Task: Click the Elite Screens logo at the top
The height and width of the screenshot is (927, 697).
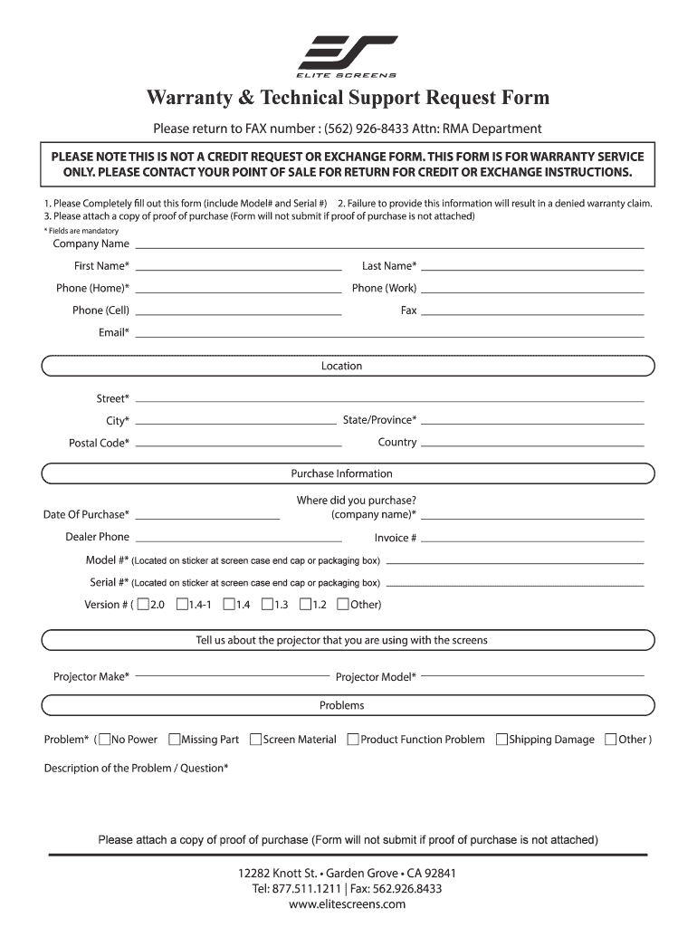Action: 348,56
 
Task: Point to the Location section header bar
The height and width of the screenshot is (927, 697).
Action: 348,367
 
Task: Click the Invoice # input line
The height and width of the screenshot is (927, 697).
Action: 532,539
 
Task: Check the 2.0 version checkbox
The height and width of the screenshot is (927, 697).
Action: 143,604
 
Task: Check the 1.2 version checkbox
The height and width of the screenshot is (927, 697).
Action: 306,604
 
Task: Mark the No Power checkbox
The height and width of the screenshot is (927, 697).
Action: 105,740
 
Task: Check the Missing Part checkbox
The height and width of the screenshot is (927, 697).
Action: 175,740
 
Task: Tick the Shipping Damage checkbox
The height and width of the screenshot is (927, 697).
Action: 501,740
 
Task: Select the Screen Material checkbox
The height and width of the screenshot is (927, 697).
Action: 255,740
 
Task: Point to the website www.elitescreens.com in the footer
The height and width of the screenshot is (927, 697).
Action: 348,904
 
